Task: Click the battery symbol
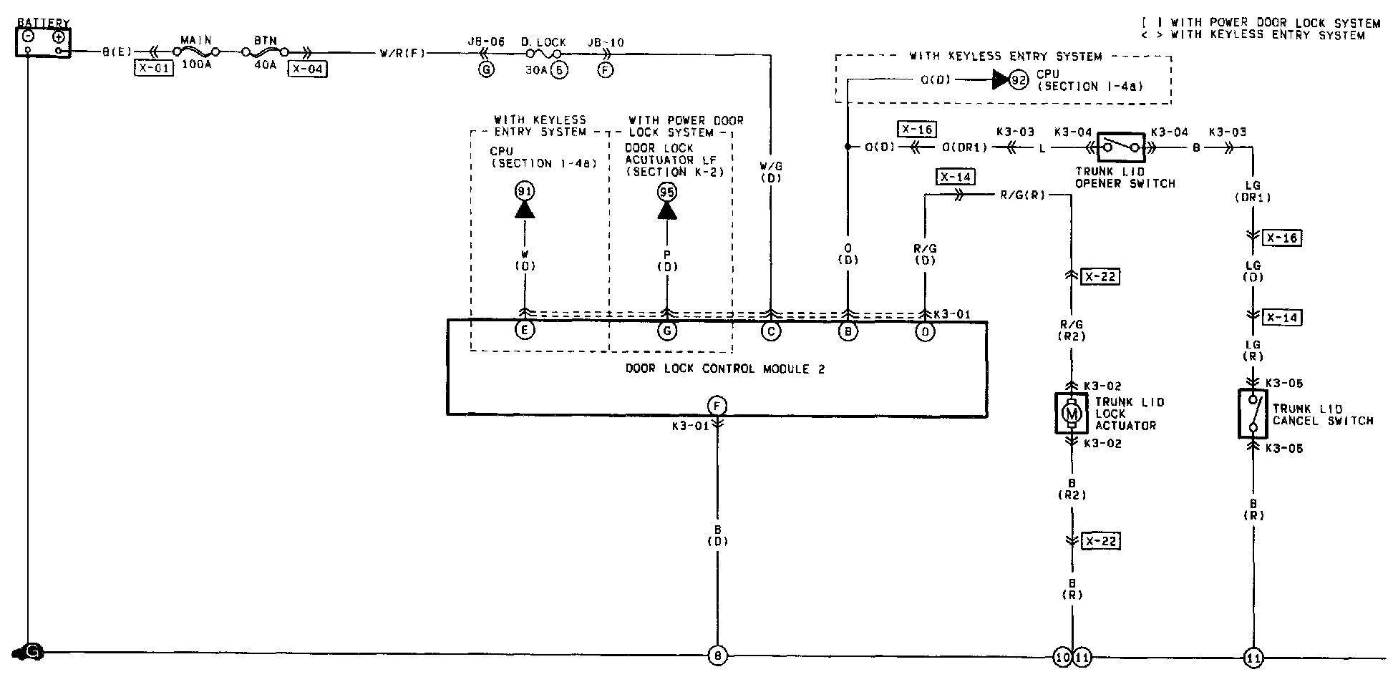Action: tap(43, 42)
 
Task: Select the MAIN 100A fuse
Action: tap(196, 52)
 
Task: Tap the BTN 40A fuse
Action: tap(266, 52)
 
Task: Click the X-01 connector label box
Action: tap(153, 69)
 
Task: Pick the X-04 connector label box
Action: tap(307, 69)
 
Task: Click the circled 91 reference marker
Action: tap(525, 191)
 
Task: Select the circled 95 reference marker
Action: tap(667, 191)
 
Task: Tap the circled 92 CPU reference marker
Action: tap(1018, 80)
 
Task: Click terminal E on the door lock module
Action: tap(525, 331)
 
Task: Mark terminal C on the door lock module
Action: tap(771, 331)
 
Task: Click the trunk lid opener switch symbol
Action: tap(1120, 147)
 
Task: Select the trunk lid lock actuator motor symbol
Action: tap(1071, 413)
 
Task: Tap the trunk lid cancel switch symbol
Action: tap(1253, 413)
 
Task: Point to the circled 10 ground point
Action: tap(1062, 656)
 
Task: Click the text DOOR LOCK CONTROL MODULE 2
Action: tap(725, 369)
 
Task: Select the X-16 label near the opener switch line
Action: tap(917, 130)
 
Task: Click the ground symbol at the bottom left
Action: tap(29, 652)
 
